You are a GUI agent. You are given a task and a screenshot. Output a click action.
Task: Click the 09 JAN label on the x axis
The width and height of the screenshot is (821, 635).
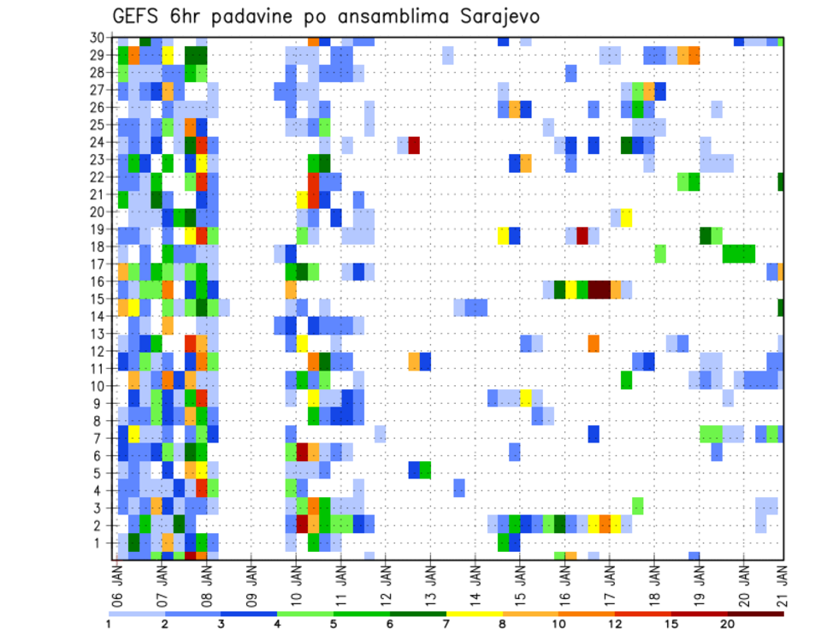coord(251,583)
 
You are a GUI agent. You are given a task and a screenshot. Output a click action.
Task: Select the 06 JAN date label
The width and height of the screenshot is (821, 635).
coord(117,583)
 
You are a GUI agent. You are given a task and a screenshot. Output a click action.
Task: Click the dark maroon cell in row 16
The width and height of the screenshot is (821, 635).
coord(599,289)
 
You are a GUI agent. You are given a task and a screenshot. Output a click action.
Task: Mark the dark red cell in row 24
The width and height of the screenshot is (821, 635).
coord(414,145)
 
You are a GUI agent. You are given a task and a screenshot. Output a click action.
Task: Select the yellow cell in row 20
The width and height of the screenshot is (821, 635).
coord(627,217)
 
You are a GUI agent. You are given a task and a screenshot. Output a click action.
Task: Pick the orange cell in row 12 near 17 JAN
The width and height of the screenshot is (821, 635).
coord(594,343)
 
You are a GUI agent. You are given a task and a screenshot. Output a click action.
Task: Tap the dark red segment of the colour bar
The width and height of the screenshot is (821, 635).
coord(700,614)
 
